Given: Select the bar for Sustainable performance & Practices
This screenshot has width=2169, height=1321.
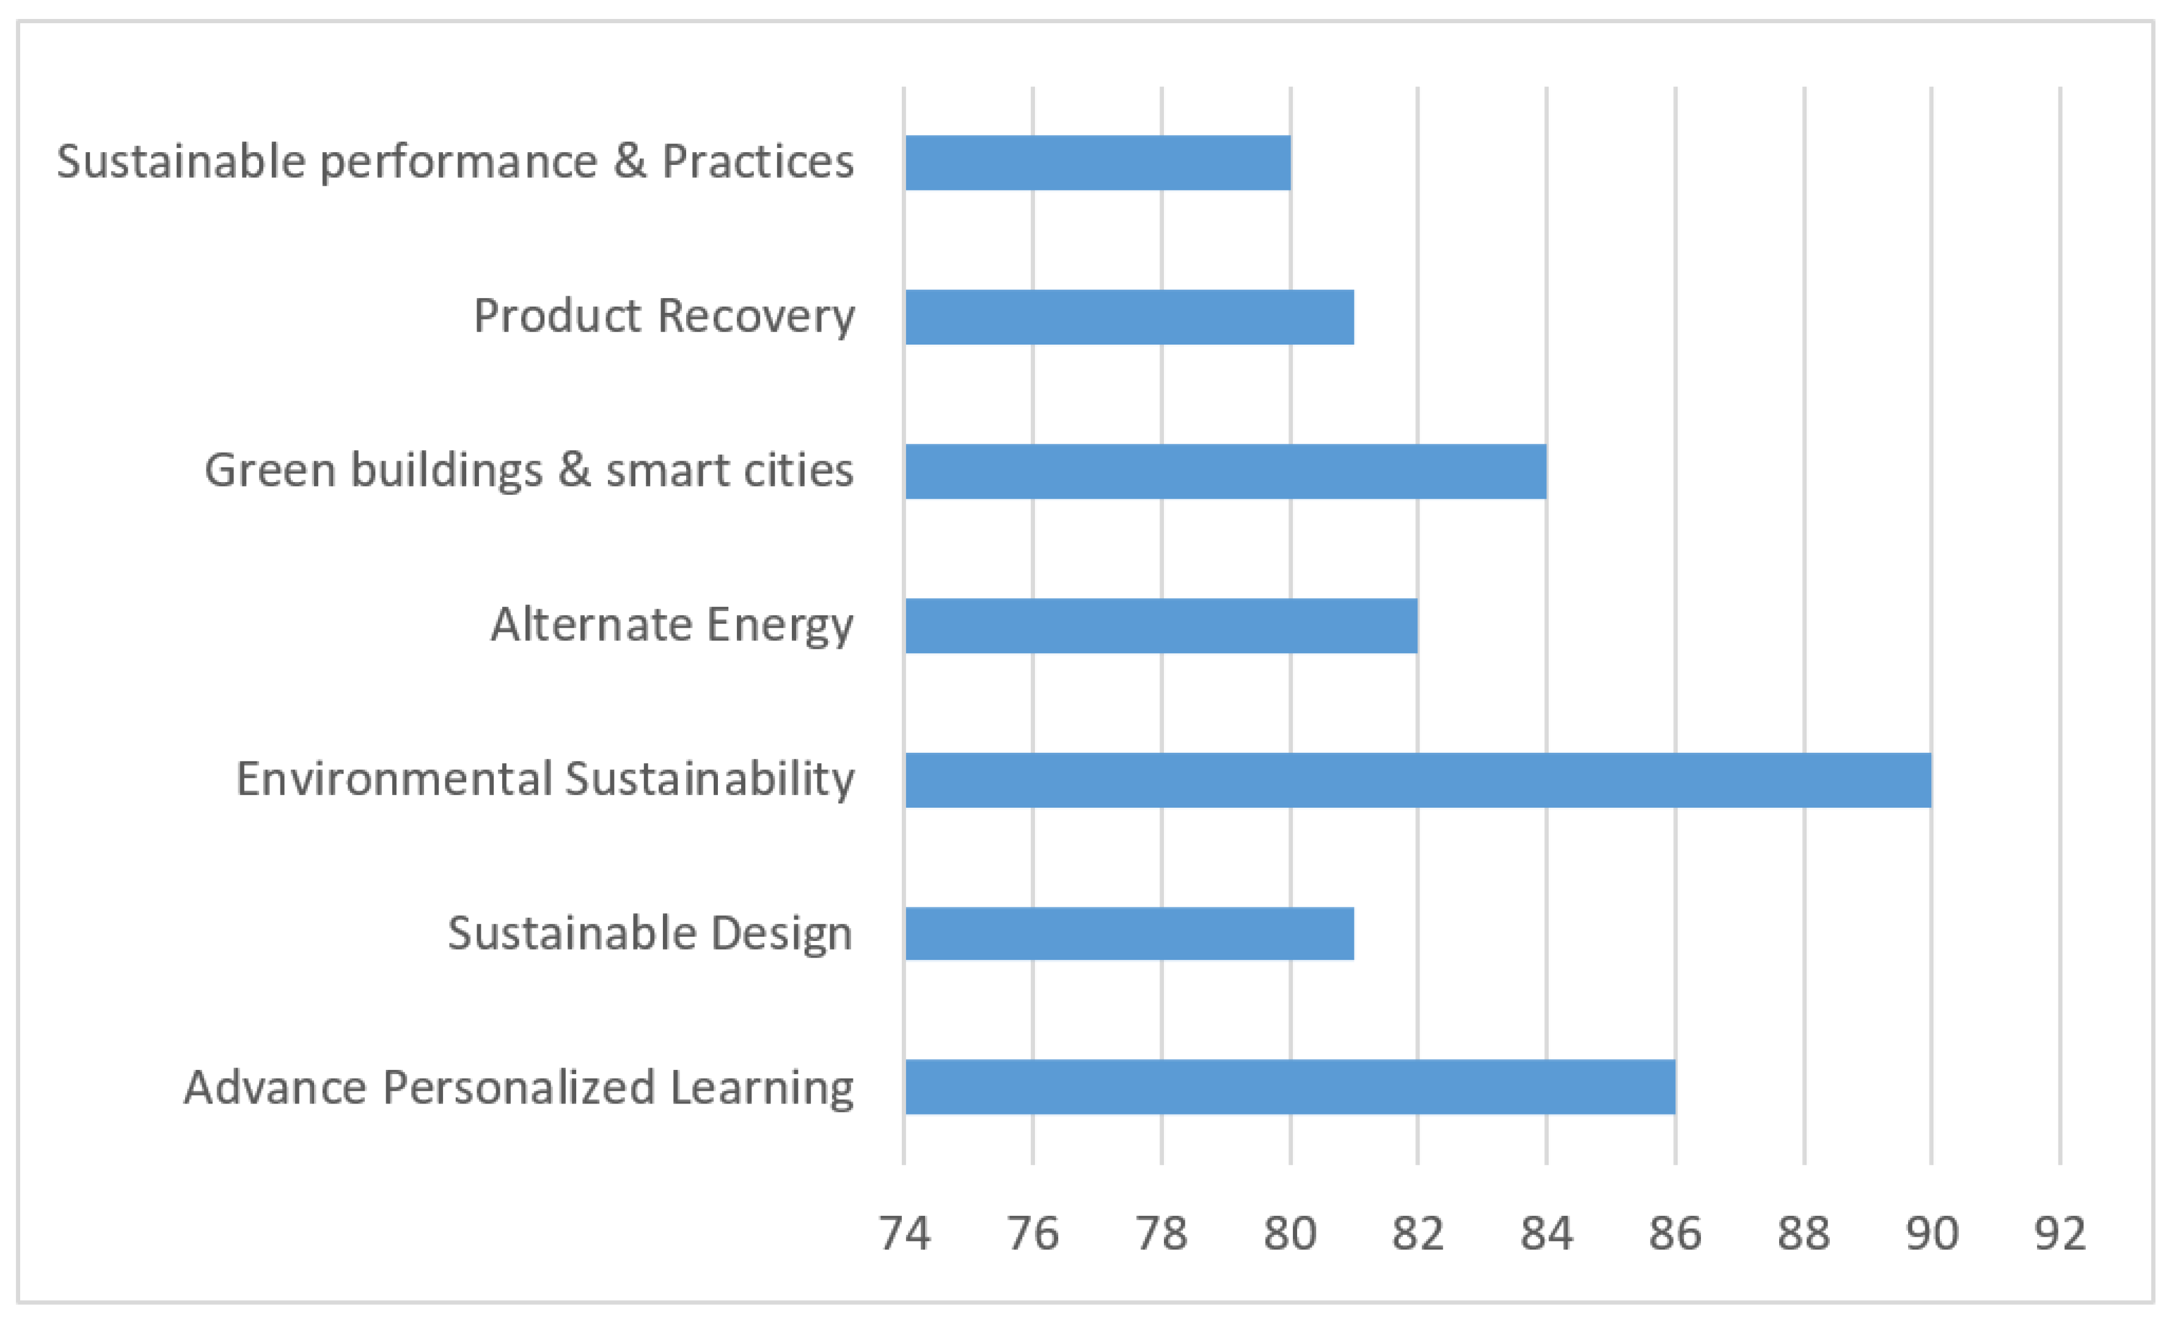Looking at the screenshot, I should [1098, 163].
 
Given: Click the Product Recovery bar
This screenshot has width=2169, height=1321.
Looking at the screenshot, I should [1129, 317].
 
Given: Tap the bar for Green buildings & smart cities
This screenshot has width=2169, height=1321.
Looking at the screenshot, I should [1226, 472].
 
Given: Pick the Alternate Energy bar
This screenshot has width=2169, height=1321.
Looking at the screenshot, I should [1161, 626].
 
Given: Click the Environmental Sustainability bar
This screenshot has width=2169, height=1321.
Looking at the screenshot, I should [1418, 780].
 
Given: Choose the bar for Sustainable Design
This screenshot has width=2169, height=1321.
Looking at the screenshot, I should [1129, 934].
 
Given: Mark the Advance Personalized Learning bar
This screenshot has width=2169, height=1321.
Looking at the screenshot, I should [1290, 1087].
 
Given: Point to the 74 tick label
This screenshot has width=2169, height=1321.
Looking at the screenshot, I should [904, 1234].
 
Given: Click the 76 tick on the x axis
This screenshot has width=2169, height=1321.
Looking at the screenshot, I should [1033, 1234].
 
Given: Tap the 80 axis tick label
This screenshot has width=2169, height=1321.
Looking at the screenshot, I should [1290, 1234].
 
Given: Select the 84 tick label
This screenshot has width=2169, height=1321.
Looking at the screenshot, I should [1546, 1234].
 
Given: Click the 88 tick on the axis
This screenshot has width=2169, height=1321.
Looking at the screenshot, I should [1804, 1234].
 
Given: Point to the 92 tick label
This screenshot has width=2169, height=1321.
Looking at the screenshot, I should [2060, 1234].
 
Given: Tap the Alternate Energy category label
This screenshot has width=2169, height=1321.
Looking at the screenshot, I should [671, 626].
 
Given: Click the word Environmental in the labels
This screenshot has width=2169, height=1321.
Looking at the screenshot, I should [393, 780].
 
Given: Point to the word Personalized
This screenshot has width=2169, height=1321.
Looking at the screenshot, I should [519, 1088].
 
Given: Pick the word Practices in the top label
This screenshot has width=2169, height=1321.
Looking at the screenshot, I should [757, 162].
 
